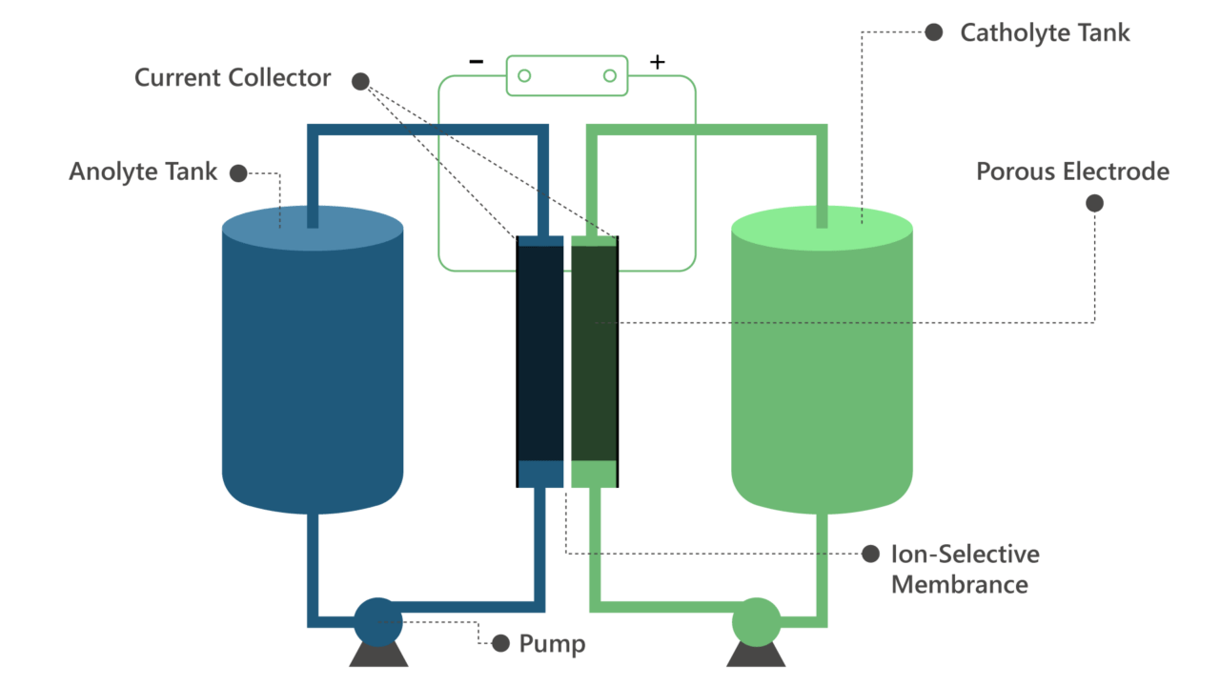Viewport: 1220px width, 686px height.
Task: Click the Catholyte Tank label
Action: [x=1045, y=32]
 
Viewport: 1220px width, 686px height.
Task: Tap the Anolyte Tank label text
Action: [x=143, y=172]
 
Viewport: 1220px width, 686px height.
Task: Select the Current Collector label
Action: [x=233, y=78]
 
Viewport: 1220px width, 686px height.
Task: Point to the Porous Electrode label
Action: [x=1072, y=171]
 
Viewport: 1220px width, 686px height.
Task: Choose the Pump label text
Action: [x=552, y=644]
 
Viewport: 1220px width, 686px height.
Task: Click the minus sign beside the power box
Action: [x=476, y=63]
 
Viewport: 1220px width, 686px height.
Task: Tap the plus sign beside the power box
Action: [x=657, y=63]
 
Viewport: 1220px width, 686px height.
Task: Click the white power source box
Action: [x=567, y=75]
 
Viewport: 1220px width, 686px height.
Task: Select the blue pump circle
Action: [x=378, y=621]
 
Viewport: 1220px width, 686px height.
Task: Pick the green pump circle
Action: [x=756, y=621]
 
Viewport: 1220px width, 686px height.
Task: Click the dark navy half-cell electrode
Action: [x=540, y=353]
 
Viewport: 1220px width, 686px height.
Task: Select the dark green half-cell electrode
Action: [x=593, y=353]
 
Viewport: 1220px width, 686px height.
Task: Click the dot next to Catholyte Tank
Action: [x=934, y=32]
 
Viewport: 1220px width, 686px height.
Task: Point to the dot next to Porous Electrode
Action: [x=1095, y=203]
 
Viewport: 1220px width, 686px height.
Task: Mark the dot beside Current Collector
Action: [x=360, y=81]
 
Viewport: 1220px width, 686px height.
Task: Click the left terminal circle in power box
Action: [x=524, y=75]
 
